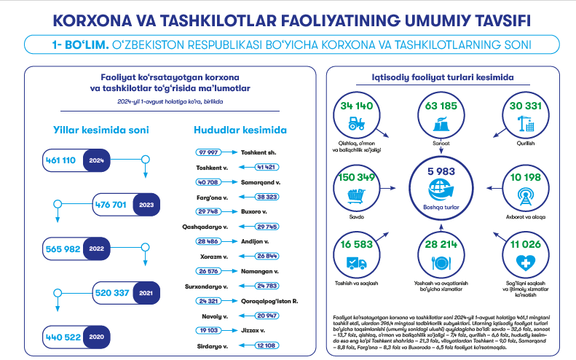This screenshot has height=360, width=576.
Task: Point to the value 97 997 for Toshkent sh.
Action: [x=209, y=152]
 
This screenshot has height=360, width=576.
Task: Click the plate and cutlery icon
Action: [x=441, y=264]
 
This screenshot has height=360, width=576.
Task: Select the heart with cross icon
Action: [x=523, y=263]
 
